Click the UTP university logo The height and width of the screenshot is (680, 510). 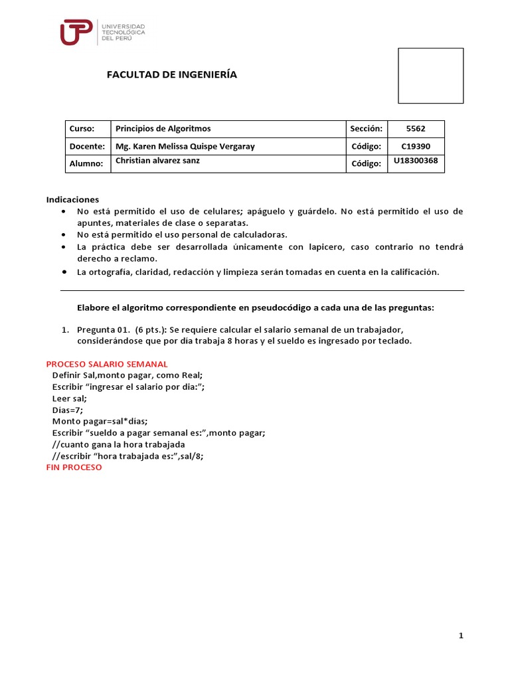coord(102,32)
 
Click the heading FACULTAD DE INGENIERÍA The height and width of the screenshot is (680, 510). coord(172,74)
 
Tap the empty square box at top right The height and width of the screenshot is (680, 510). coord(430,76)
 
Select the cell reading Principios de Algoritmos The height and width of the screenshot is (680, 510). coord(163,129)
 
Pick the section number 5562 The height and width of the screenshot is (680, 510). coord(416,129)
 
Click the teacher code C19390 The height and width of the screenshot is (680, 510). coord(416,146)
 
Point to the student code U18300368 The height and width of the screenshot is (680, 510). coord(416,161)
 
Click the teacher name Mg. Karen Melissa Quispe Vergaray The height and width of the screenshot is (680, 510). coord(185,146)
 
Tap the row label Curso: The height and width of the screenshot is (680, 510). coord(82,129)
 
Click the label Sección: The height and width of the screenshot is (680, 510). coord(366,129)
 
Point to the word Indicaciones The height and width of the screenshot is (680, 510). coord(72,199)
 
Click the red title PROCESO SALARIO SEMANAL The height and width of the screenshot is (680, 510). coord(107,364)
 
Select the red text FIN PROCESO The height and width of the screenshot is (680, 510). coord(74,467)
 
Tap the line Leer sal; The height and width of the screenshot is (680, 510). coord(69,398)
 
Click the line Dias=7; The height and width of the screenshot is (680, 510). coord(67,410)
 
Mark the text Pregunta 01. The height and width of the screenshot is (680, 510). coord(104,330)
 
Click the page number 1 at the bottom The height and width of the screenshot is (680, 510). coord(461,636)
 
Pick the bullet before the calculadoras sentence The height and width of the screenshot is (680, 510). coord(63,235)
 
